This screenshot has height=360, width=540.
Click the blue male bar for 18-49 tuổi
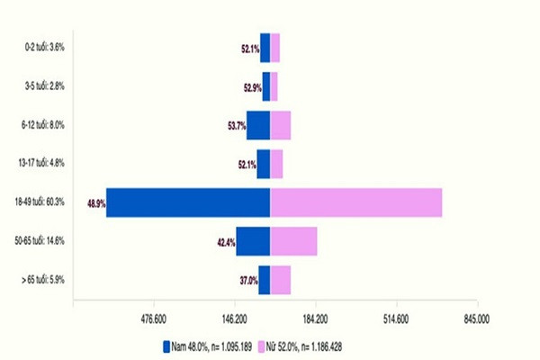[x=189, y=202]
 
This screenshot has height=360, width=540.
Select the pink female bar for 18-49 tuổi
[x=356, y=202]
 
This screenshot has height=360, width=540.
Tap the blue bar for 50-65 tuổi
[x=253, y=241]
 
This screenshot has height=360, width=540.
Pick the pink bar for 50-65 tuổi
[x=293, y=241]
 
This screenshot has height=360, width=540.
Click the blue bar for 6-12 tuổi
[x=258, y=125]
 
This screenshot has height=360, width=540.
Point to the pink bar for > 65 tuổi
[x=280, y=280]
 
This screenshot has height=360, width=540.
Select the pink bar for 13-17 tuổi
[x=276, y=164]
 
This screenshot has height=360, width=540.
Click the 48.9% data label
[x=96, y=203]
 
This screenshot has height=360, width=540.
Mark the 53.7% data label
[x=237, y=126]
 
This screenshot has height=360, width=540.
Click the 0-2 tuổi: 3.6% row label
[x=46, y=47]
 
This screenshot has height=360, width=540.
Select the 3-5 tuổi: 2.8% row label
[x=46, y=85]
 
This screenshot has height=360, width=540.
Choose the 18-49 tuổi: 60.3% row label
[x=42, y=202]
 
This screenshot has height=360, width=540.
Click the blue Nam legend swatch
[x=166, y=345]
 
